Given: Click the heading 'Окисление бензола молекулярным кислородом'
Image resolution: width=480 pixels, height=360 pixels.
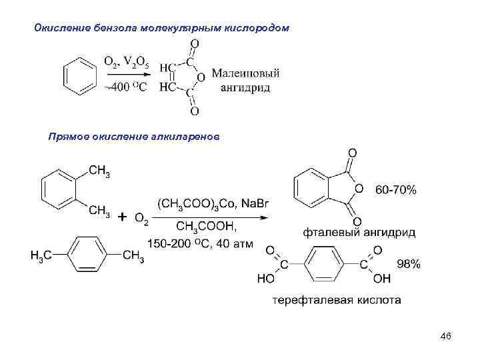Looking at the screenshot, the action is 162,28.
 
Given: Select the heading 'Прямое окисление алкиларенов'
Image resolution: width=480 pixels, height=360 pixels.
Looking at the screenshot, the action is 133,137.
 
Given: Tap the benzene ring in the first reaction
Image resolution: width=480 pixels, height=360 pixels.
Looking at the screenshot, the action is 79,77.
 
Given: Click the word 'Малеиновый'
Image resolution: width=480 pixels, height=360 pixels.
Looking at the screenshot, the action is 245,73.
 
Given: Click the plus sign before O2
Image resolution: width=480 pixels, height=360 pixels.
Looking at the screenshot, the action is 123,217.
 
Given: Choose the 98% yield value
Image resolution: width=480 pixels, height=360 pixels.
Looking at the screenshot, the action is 408,264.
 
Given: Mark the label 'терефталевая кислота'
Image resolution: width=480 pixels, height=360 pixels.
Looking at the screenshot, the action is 337,300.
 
